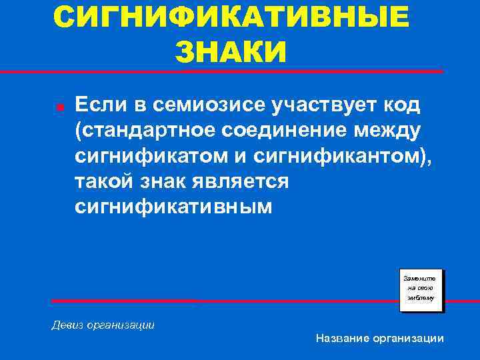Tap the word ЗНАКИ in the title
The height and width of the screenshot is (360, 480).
[231, 52]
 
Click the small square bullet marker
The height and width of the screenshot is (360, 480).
[59, 107]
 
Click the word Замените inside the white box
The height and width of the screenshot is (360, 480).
[420, 277]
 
